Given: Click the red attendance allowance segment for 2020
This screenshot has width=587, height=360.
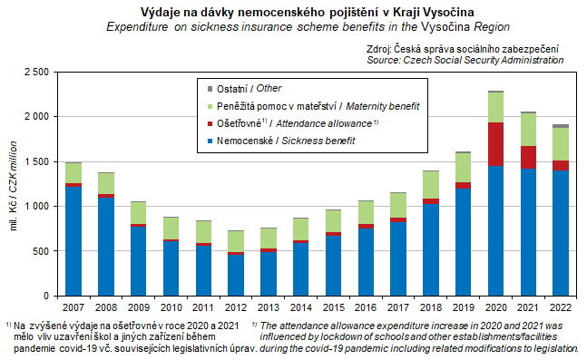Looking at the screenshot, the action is [x=495, y=144].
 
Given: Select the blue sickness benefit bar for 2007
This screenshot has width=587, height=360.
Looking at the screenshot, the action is [x=73, y=241].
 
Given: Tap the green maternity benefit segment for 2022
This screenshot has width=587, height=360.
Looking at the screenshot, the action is [x=561, y=144].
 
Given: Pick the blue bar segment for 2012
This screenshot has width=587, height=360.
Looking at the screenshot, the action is [x=236, y=275].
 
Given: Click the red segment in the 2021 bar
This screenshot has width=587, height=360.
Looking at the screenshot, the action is [x=528, y=157].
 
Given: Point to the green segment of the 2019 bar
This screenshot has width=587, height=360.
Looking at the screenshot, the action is [x=464, y=168].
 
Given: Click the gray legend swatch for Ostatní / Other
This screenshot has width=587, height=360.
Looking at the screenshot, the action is [x=210, y=89].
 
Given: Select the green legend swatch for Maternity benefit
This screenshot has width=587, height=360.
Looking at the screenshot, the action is [x=210, y=107].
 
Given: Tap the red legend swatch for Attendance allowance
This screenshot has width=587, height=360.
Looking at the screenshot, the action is [x=210, y=124].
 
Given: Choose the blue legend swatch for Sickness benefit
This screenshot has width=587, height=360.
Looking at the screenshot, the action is [x=210, y=141].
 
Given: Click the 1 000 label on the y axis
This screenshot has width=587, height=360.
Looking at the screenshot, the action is [x=36, y=206].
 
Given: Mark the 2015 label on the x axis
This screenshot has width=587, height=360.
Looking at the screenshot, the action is [x=334, y=307].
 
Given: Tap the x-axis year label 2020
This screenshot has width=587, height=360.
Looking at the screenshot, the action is [x=496, y=307].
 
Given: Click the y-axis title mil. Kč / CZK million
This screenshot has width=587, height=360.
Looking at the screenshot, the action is [x=14, y=186].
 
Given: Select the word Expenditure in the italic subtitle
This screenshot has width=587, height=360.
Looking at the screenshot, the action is [x=137, y=27].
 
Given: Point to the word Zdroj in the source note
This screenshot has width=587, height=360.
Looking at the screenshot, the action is [x=378, y=49].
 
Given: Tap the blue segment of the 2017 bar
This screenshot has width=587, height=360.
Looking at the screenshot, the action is [x=398, y=259].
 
